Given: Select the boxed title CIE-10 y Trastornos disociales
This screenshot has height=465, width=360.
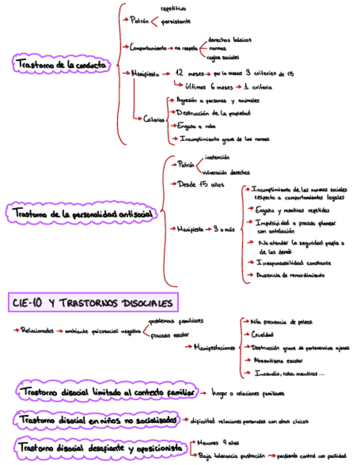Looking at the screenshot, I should coord(92,302).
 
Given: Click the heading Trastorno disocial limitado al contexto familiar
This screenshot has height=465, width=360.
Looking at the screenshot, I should coord(106,392).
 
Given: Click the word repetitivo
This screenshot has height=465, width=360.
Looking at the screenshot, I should coord(173,9).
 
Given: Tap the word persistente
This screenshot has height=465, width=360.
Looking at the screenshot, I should coord(176,21).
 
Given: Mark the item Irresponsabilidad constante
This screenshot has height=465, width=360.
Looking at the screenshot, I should coord(293,262).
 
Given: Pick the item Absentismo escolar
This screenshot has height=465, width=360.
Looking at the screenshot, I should coord(278,361).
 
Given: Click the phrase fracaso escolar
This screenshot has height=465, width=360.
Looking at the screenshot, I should coord(170,334).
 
